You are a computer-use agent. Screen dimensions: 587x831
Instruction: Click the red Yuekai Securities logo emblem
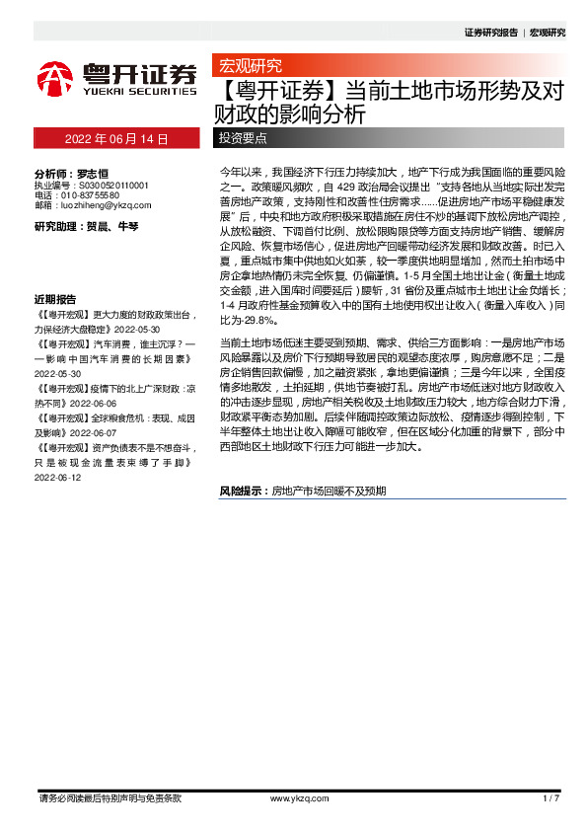click(x=55, y=79)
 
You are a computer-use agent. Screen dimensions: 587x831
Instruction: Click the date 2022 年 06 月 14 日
click(x=116, y=139)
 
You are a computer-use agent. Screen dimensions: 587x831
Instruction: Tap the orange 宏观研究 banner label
click(x=247, y=66)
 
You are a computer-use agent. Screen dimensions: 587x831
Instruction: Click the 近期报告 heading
click(x=55, y=271)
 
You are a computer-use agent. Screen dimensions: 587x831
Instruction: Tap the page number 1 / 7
click(x=551, y=797)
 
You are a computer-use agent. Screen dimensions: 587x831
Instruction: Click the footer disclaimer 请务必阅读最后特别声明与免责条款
click(x=109, y=797)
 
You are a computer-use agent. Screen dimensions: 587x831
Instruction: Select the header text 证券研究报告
click(x=490, y=33)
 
